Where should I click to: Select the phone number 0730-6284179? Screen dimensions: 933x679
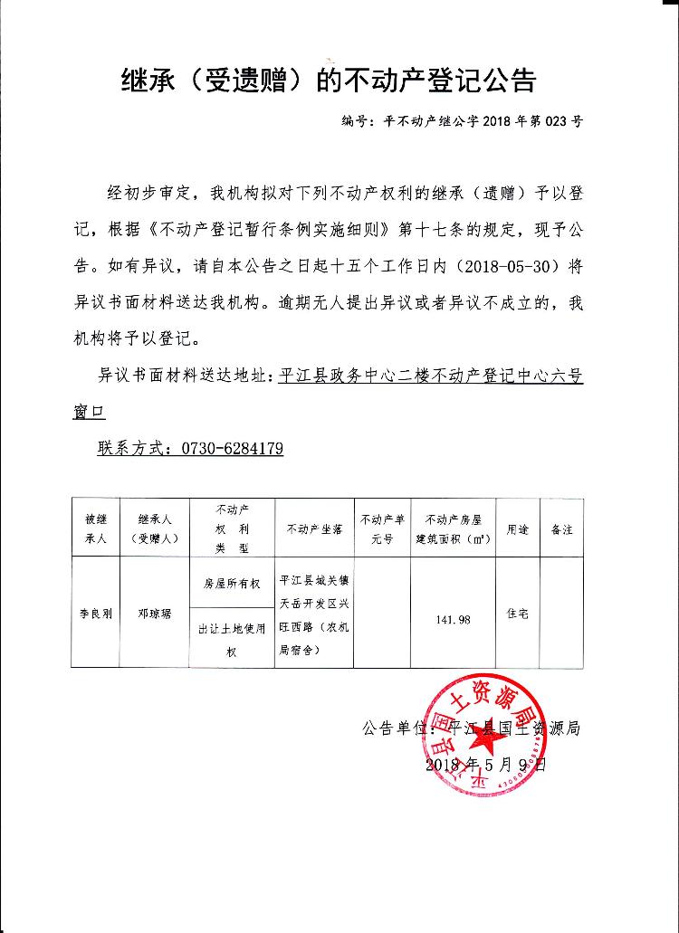click(x=233, y=448)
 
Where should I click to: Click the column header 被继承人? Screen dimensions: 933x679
click(x=96, y=528)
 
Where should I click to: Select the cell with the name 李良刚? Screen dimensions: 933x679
click(x=96, y=613)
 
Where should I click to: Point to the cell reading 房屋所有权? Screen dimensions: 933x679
click(x=232, y=584)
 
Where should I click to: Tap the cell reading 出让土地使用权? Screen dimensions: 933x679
click(x=232, y=639)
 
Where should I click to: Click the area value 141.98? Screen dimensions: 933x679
click(x=453, y=620)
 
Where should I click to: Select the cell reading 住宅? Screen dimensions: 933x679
click(x=517, y=613)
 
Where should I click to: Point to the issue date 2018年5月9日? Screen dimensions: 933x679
click(x=486, y=765)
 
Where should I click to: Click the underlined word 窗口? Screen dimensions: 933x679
click(x=89, y=412)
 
